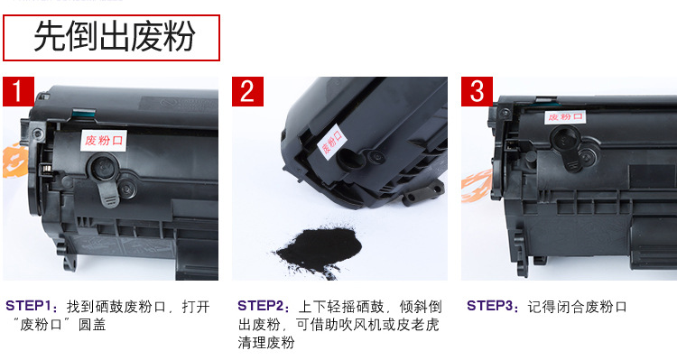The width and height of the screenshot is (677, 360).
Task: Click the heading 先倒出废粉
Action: (114, 36)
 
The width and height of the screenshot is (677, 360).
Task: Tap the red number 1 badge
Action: (18, 91)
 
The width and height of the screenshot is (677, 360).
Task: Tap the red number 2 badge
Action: (247, 91)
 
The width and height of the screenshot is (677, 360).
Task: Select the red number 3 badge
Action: (477, 91)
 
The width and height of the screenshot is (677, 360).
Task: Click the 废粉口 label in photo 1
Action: (104, 140)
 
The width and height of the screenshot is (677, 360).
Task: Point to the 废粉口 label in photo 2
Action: (331, 142)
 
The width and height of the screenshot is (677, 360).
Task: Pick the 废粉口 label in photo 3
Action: (565, 117)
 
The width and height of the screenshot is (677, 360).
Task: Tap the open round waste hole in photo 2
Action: (350, 159)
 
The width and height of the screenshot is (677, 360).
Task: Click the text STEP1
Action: (29, 306)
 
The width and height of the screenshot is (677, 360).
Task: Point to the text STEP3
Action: (489, 306)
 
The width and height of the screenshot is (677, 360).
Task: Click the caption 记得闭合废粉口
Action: (577, 307)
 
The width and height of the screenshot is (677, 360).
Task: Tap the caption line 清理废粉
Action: (266, 342)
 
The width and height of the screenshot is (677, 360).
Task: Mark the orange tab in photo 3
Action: (477, 186)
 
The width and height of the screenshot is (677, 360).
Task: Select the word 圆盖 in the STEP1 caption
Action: (92, 325)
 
